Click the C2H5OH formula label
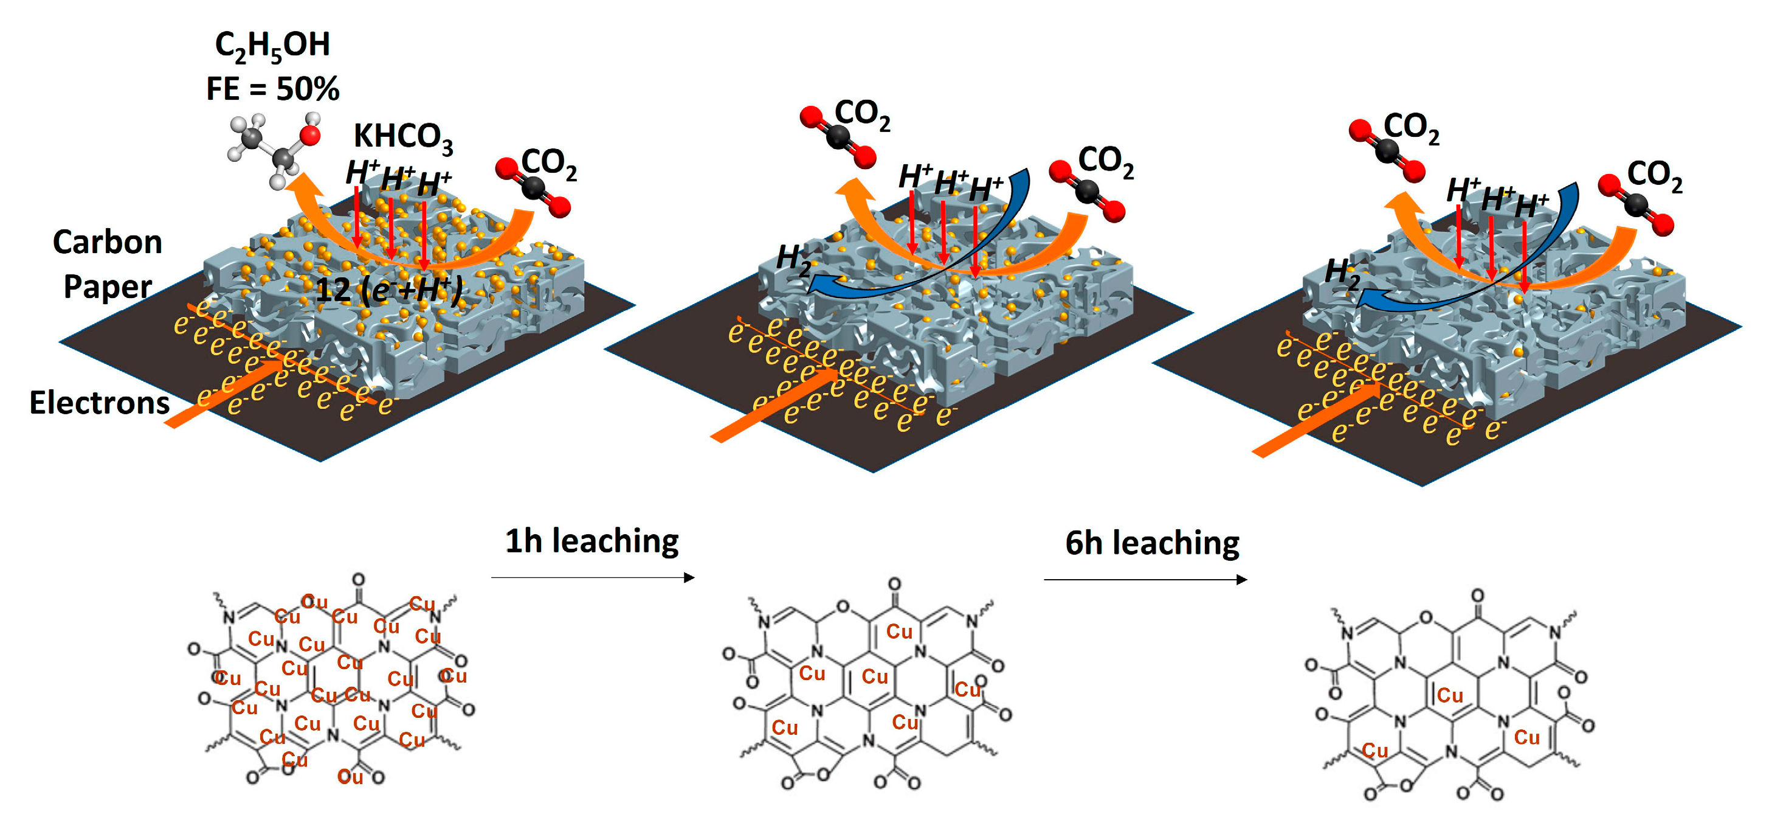click(272, 46)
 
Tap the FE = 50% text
click(272, 89)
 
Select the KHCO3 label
click(403, 137)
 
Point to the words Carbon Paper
click(108, 264)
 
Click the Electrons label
click(99, 403)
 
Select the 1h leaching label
click(592, 541)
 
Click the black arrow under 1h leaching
click(593, 578)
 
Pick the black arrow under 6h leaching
click(1145, 580)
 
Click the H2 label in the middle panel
click(793, 260)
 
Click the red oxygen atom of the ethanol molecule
click(311, 134)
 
